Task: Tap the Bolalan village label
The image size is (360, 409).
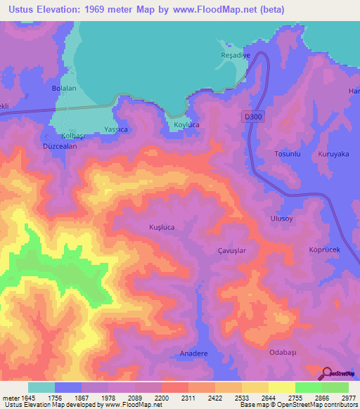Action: [x=64, y=89]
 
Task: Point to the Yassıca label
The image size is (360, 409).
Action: [x=116, y=130]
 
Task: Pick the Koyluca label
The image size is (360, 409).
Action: [x=186, y=126]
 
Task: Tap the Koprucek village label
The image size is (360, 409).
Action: [x=325, y=249]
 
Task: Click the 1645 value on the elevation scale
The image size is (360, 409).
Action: [x=17, y=397]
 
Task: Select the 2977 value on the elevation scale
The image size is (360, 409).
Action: [x=349, y=397]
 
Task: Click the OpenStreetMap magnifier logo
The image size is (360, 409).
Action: [x=328, y=374]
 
